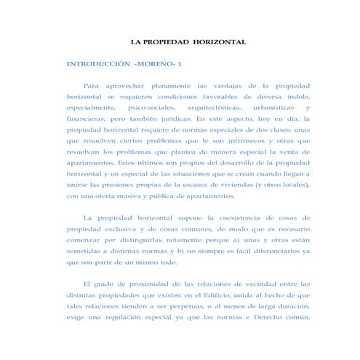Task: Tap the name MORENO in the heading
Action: [x=159, y=64]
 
